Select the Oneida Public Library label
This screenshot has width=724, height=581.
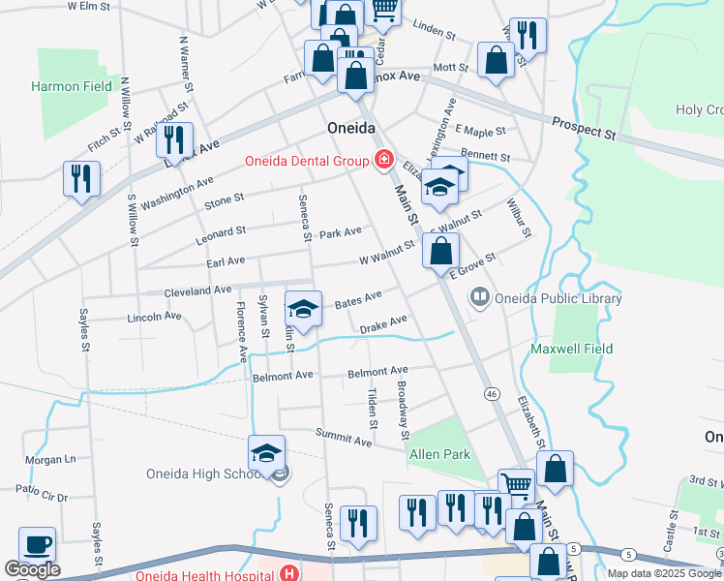[x=558, y=299]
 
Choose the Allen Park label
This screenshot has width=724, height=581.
[x=439, y=454]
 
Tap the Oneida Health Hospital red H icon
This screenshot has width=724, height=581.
[x=287, y=572]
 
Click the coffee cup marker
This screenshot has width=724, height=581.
[x=38, y=545]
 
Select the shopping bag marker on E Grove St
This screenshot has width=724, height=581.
[x=440, y=250]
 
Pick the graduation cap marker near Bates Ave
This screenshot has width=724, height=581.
[x=303, y=309]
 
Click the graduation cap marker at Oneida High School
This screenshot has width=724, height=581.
[x=266, y=452]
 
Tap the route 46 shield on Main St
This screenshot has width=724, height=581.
[x=492, y=394]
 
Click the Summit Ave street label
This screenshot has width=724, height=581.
[x=349, y=441]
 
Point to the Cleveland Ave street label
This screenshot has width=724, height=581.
[x=197, y=290]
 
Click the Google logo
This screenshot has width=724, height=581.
[x=32, y=569]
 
